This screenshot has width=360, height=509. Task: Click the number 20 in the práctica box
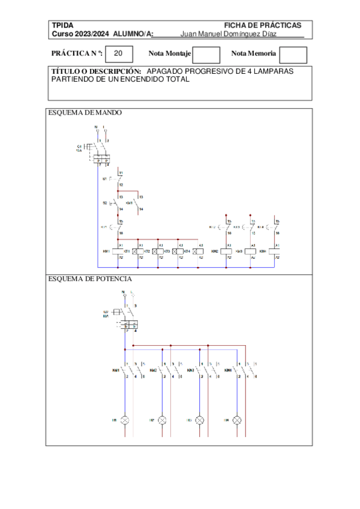pos(119,54)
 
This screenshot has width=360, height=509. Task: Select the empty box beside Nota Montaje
pos(206,55)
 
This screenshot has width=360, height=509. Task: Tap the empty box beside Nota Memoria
pos(293,55)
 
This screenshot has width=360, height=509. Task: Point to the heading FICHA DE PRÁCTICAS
pos(262,25)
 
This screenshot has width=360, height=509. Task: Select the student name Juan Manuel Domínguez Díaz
pos(228,34)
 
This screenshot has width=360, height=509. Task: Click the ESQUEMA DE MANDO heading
pos(85,112)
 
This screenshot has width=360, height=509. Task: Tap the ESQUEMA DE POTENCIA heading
pos(90,279)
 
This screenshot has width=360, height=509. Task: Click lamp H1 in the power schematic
pos(125,420)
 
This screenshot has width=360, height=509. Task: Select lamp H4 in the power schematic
pos(237,420)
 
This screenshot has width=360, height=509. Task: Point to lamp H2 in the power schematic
pos(162,420)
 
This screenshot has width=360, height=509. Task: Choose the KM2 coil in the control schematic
pos(227,251)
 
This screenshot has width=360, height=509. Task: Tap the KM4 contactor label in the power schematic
pos(229,370)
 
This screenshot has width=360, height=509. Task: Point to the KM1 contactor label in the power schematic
pos(115,370)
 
